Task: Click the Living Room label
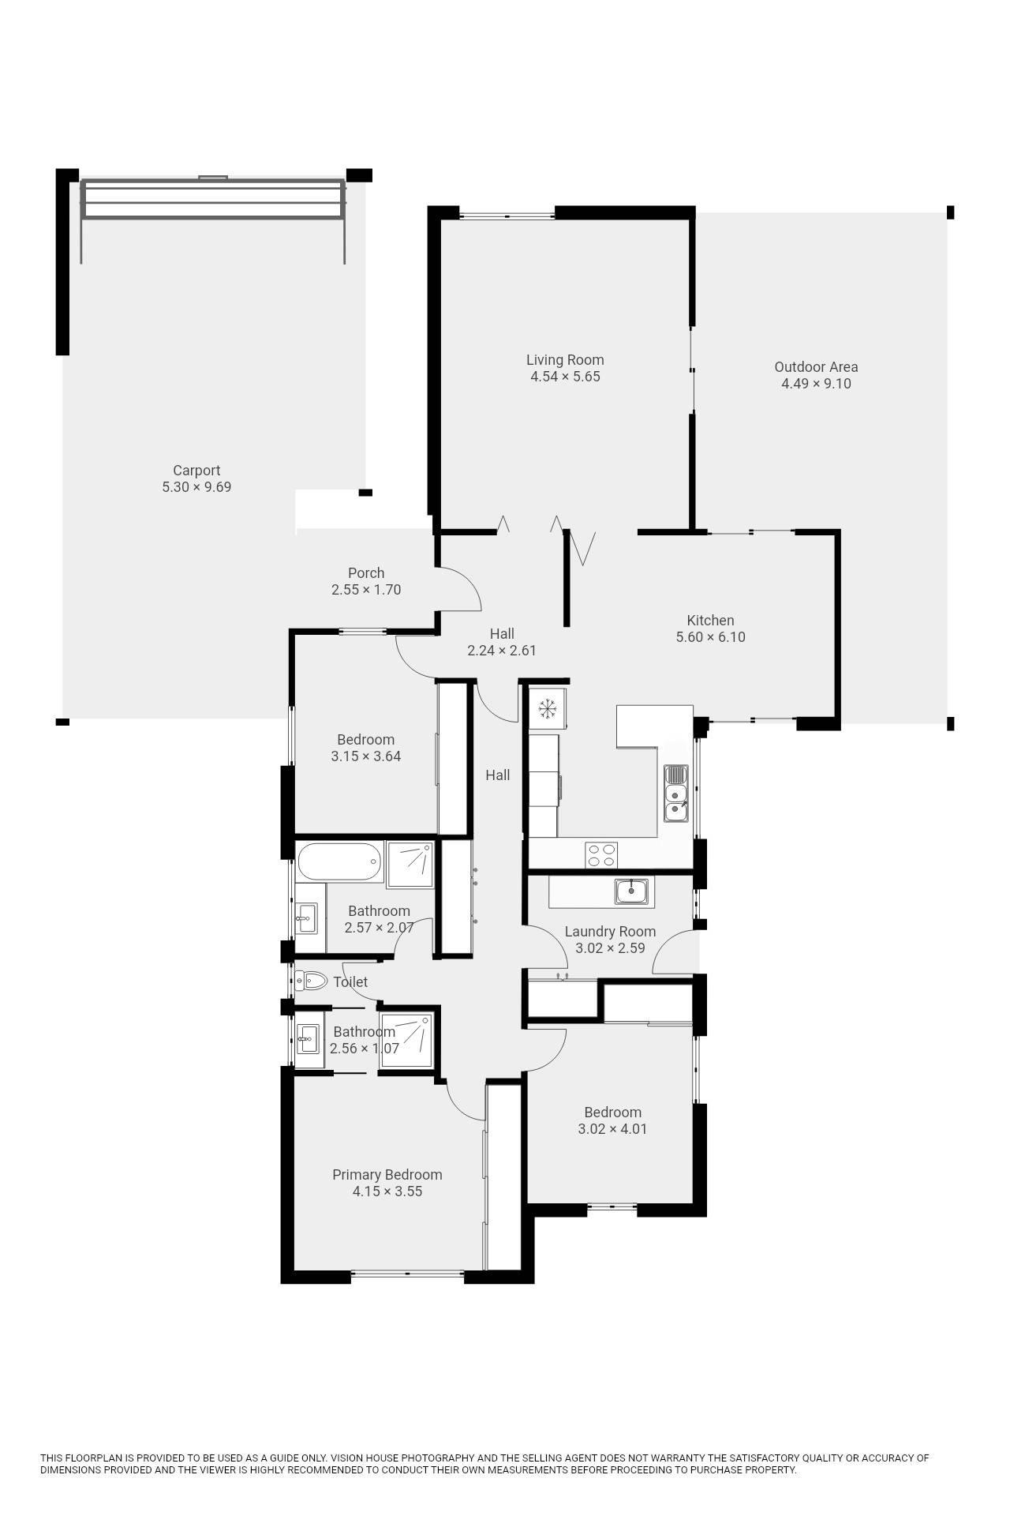coord(565,360)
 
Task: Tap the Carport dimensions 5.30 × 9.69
coord(196,487)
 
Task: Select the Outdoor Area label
coord(816,367)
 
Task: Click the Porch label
coord(366,573)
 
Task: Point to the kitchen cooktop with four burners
coord(601,854)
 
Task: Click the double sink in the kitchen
coord(676,793)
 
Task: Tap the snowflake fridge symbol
coord(547,708)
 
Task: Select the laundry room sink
coord(631,891)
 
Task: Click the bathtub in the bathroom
coord(340,862)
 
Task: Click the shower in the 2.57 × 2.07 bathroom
coord(410,865)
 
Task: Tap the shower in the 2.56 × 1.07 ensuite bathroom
coord(406,1040)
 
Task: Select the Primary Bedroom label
coord(387,1175)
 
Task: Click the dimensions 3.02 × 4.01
coord(612,1129)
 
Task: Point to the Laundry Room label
coord(610,932)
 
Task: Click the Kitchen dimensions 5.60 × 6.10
coord(710,637)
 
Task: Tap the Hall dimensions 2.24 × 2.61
coord(502,651)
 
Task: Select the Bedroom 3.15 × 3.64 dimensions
coord(365,756)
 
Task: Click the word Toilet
coord(350,982)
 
